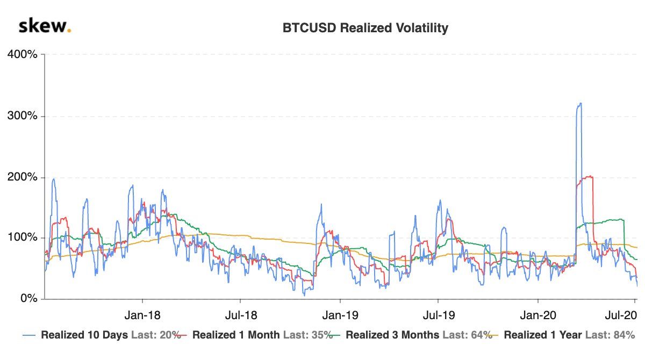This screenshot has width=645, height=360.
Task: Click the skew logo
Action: tap(45, 26)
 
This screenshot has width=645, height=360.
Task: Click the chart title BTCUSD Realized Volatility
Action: tap(365, 28)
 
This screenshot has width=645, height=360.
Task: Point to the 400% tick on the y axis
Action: tap(21, 55)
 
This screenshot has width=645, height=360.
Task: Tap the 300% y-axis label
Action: tap(21, 116)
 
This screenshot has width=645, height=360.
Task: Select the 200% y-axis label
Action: tap(21, 177)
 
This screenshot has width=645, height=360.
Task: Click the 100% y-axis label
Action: tap(21, 238)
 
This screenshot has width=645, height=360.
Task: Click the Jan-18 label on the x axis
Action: tap(142, 314)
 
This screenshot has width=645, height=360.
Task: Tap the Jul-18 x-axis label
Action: tap(240, 314)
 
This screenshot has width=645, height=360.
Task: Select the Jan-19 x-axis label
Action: tap(339, 314)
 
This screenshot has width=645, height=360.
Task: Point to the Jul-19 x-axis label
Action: tap(438, 314)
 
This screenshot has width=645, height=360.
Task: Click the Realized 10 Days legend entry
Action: tap(84, 335)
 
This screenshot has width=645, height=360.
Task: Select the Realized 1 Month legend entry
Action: tap(235, 335)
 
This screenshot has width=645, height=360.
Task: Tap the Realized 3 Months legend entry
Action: tap(391, 335)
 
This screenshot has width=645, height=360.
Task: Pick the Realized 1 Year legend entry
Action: tap(543, 335)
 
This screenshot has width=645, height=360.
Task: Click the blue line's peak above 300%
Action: tap(579, 104)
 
